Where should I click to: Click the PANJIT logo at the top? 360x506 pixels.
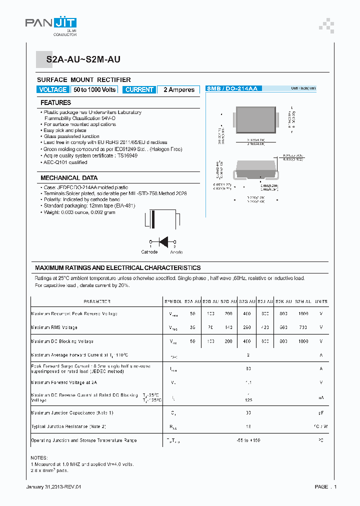(50, 24)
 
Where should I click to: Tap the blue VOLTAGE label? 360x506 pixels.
(52, 89)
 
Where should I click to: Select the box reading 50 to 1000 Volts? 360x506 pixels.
(94, 89)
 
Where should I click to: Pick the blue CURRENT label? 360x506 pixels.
(139, 89)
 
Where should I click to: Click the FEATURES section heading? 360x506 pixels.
(55, 102)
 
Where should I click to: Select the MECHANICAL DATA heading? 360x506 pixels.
(69, 178)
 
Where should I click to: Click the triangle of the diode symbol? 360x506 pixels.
(162, 241)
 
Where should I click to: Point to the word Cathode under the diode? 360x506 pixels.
(149, 252)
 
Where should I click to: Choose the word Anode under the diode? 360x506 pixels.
(176, 252)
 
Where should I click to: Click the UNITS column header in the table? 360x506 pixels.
(321, 301)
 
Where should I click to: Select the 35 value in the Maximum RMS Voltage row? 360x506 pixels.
(192, 327)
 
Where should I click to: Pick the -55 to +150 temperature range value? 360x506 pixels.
(248, 440)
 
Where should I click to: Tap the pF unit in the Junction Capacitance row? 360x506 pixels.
(321, 413)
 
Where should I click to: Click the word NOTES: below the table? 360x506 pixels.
(39, 458)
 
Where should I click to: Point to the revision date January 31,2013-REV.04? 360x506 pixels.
(53, 486)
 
